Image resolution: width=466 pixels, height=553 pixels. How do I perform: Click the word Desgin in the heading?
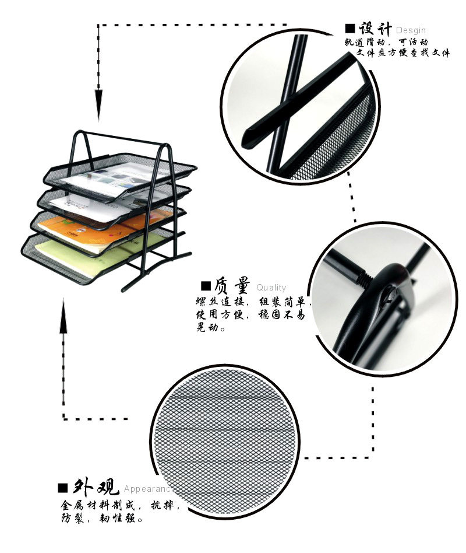(411, 30)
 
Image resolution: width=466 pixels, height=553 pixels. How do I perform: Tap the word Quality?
(271, 288)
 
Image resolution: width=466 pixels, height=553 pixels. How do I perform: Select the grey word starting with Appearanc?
(146, 489)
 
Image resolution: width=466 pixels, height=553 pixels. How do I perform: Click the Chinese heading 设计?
(375, 28)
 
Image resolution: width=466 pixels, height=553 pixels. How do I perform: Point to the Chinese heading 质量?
(232, 286)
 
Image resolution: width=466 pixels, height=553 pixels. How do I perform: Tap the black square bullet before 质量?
(206, 286)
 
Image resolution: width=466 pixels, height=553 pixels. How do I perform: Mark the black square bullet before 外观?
(63, 488)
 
